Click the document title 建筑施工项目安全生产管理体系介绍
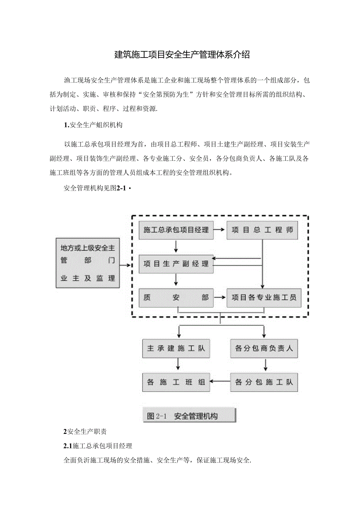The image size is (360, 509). [182, 55]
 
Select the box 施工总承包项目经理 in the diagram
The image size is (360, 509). [176, 230]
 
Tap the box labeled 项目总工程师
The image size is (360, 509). [262, 230]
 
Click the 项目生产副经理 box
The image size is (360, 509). [176, 264]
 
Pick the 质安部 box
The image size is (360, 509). [176, 298]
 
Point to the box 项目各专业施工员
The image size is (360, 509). [263, 298]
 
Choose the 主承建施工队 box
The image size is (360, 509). [176, 348]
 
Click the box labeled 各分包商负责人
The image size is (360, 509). [263, 348]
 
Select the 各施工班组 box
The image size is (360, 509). [176, 382]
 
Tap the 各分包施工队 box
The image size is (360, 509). [263, 382]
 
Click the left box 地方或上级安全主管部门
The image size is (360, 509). [87, 263]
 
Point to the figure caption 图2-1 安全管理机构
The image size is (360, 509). [189, 416]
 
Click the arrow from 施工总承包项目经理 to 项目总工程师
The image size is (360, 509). [220, 230]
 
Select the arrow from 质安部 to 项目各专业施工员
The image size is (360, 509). [220, 298]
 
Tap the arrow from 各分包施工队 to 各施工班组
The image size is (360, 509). [220, 381]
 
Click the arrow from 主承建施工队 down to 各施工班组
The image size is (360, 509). [178, 365]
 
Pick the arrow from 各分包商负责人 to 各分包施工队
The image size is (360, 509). [266, 365]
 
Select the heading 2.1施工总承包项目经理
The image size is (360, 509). [98, 446]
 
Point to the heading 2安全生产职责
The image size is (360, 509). [85, 432]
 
